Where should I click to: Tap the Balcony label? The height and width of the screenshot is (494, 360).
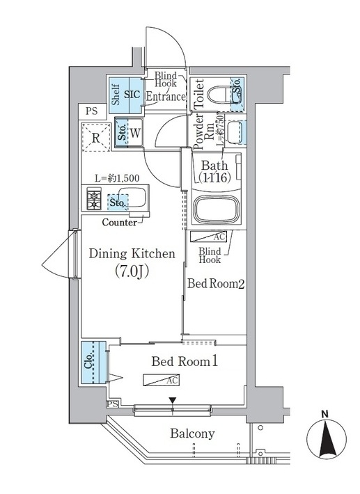191,433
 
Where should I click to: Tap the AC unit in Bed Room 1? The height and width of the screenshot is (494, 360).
162,380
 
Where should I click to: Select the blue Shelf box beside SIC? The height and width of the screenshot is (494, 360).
115,94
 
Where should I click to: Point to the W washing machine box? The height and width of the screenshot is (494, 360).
135,133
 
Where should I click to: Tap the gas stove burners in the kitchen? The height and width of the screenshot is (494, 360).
93,200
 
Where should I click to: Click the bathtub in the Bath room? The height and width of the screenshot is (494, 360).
216,209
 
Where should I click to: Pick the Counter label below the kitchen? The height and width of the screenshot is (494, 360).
119,223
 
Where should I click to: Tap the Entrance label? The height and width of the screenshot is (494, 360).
165,97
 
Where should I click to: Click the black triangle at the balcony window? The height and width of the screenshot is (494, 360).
173,400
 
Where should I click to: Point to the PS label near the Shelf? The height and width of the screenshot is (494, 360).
92,110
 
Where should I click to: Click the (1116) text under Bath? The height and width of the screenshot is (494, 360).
214,178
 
